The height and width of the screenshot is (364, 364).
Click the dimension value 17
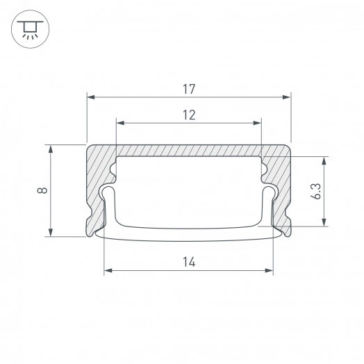[189, 89]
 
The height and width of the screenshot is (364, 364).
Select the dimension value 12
[189, 115]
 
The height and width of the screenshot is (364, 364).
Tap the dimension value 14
[189, 262]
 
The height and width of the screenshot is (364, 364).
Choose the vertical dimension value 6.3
[317, 191]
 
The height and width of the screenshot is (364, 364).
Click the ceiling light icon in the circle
[28, 28]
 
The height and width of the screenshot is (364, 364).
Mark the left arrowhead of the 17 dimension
[91, 98]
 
